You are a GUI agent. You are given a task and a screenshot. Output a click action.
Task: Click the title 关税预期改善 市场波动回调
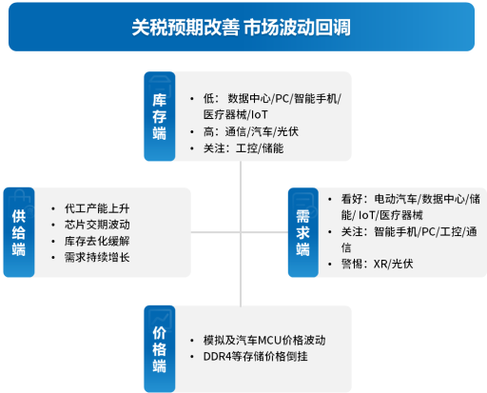(242, 28)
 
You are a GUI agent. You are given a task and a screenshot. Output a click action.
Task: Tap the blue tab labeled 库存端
(160, 116)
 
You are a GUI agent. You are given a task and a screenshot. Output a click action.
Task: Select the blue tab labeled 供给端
(19, 232)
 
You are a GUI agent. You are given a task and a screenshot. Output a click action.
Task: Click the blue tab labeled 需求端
(303, 232)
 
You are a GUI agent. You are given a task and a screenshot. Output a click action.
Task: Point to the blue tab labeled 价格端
(160, 349)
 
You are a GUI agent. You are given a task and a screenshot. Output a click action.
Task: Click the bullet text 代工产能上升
(97, 208)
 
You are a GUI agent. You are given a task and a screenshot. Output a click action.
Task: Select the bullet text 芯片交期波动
(97, 225)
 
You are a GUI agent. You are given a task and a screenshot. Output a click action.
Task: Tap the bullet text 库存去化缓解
(97, 241)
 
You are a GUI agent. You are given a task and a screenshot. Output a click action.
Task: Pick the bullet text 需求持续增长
(97, 257)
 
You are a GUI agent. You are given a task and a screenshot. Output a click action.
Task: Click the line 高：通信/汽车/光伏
(251, 131)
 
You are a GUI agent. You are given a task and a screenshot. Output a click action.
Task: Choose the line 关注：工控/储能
(243, 148)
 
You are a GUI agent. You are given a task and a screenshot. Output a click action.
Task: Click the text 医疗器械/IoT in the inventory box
(236, 114)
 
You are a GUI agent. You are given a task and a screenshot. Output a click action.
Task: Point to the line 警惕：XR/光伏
(377, 264)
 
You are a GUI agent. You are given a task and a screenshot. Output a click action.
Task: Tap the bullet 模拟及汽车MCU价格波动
(264, 340)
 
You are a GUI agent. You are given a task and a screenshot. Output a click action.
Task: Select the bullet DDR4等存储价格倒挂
(256, 357)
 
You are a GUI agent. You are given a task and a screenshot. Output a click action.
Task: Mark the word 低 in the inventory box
(208, 98)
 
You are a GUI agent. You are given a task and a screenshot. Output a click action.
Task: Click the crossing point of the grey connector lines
(241, 232)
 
